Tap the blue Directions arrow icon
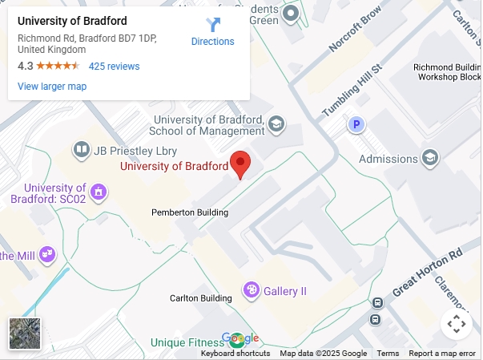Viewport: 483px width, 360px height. (213, 24)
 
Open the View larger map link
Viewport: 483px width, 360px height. (52, 87)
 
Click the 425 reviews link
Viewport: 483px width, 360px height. (114, 67)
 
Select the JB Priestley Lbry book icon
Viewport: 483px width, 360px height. (81, 150)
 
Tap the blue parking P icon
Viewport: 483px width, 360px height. (356, 124)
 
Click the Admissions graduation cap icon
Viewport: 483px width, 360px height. (431, 158)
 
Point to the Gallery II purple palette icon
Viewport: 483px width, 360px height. (251, 289)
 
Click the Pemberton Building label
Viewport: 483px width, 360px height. (190, 212)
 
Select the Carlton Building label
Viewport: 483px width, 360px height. (200, 298)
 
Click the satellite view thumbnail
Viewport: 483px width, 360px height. (25, 334)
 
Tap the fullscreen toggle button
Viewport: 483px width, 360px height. (456, 324)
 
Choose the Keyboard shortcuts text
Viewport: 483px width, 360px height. (235, 354)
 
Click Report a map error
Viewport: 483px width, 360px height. (442, 354)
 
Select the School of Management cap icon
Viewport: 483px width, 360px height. (276, 123)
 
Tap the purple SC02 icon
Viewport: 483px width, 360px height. (99, 192)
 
